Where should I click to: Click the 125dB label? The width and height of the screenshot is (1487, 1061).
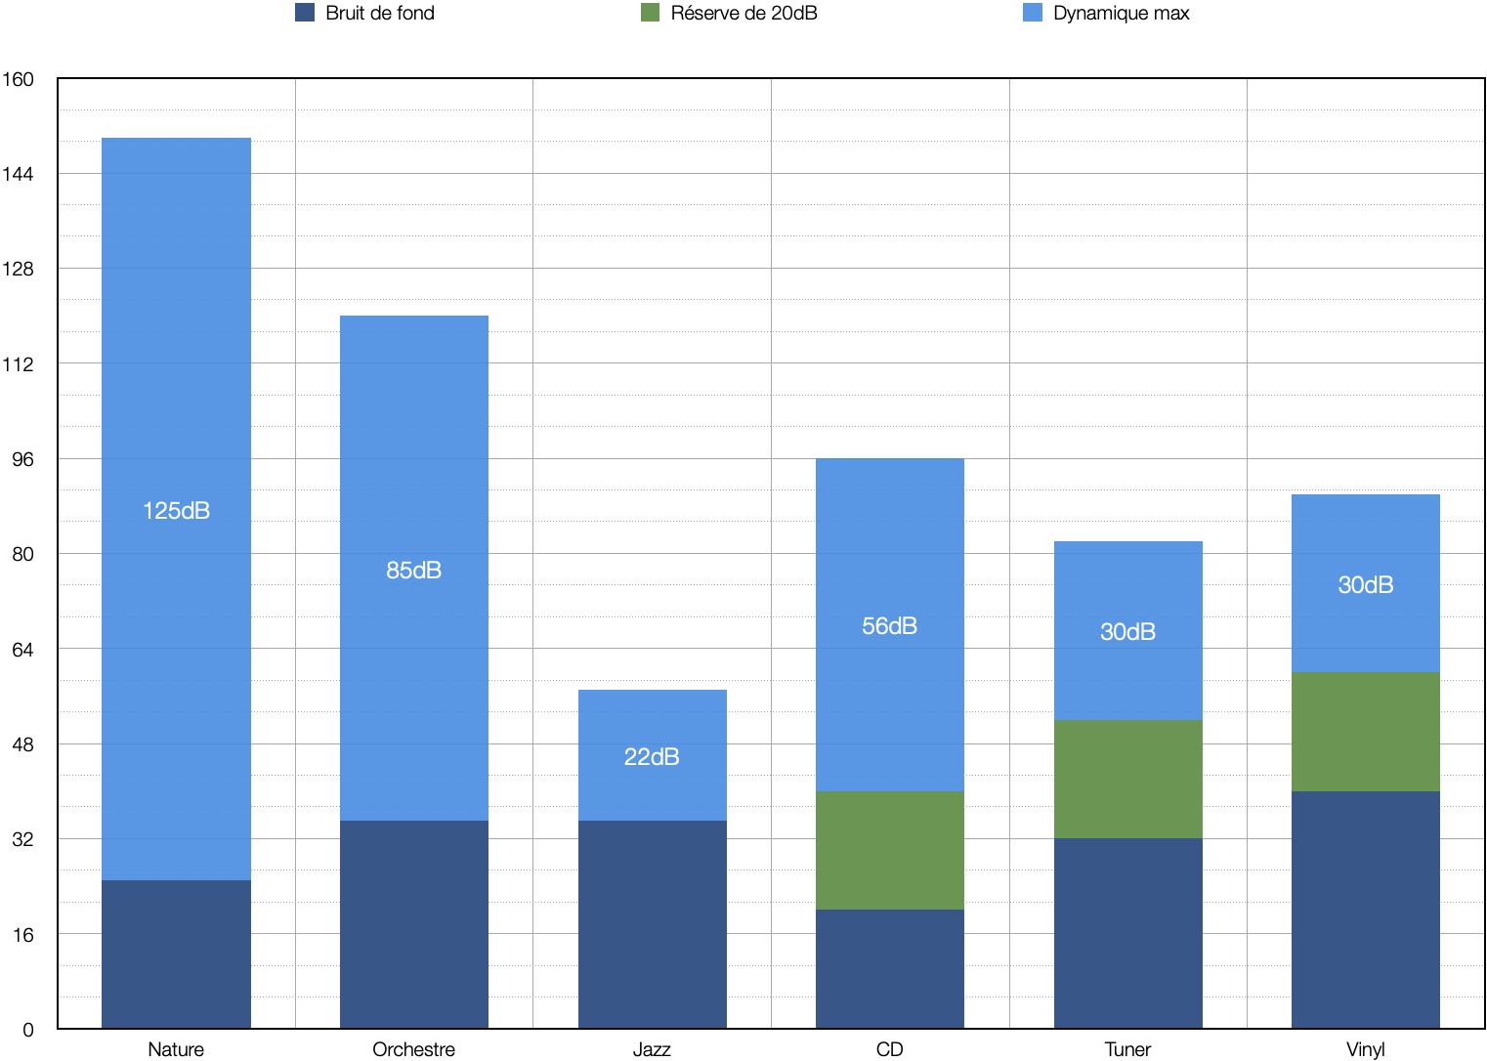[x=176, y=511]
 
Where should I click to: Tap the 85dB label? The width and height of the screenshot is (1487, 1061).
[x=413, y=571]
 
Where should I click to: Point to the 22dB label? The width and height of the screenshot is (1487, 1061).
[x=652, y=757]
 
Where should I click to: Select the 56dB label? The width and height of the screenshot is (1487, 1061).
[x=889, y=626]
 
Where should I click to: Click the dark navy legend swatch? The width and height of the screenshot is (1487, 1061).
[x=305, y=12]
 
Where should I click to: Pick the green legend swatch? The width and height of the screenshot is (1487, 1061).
[x=650, y=12]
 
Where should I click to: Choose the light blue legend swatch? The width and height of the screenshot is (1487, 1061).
[x=1033, y=12]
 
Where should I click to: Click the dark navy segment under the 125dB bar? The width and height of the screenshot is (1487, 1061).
[x=176, y=954]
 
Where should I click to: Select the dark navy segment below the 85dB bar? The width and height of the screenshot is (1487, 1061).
[x=413, y=923]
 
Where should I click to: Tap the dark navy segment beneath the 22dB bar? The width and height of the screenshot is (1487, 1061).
[x=652, y=923]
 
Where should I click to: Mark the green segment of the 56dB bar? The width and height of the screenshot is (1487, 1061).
[x=889, y=850]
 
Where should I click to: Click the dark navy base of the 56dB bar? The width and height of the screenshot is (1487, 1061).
[x=889, y=968]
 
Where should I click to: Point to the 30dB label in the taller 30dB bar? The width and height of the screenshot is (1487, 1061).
[x=1365, y=585]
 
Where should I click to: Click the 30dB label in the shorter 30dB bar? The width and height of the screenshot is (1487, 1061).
[x=1127, y=632]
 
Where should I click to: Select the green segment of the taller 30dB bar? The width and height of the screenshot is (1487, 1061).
[x=1365, y=731]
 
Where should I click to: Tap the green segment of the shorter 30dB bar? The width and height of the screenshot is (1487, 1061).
[x=1127, y=779]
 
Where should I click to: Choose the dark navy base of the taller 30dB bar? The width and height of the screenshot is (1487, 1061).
[x=1365, y=909]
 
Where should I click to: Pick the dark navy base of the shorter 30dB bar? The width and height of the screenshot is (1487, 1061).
[x=1127, y=932]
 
